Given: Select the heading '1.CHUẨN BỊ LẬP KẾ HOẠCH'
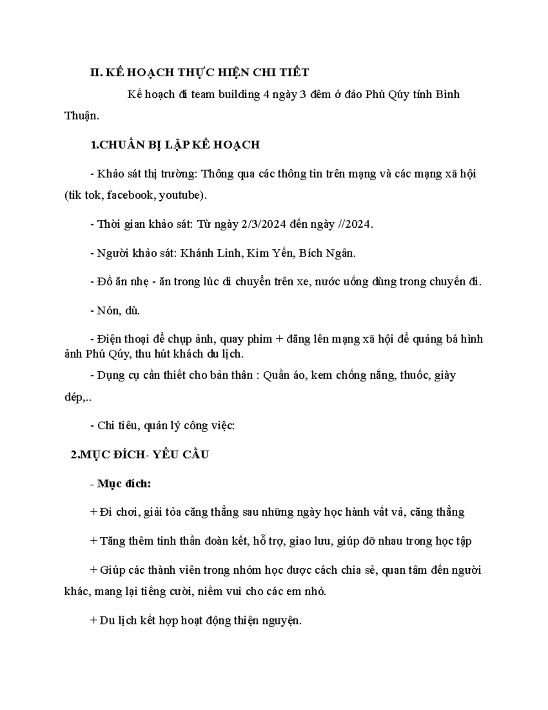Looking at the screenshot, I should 175,145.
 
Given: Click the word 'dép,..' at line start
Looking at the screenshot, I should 78,397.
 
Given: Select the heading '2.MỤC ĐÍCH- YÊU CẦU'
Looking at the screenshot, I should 140,455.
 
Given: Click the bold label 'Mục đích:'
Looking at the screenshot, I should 124,484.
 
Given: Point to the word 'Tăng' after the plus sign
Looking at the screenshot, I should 112,541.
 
